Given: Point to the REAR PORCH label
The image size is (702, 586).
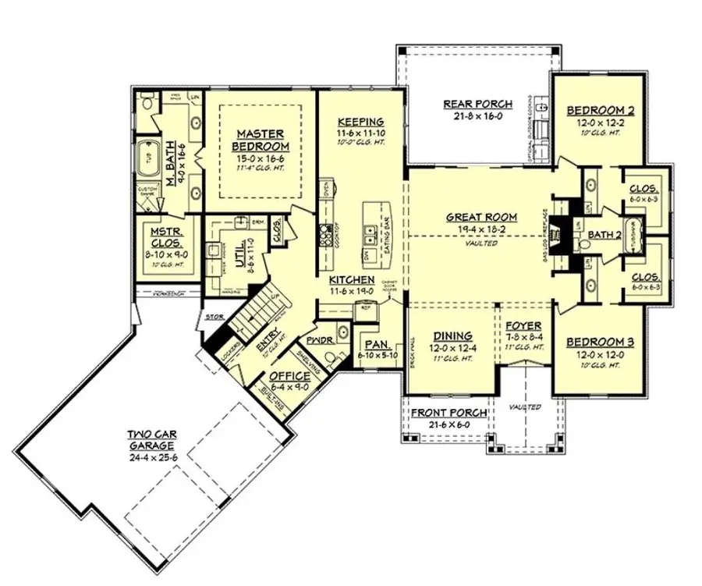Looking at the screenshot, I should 478,104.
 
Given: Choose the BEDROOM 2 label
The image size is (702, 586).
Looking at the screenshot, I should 600,111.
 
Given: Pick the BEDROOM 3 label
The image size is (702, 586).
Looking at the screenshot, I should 600,342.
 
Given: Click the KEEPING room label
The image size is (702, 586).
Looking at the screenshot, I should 360,121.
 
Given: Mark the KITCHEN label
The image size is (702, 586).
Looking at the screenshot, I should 350,279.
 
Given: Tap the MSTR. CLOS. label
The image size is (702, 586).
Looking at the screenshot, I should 165,236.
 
